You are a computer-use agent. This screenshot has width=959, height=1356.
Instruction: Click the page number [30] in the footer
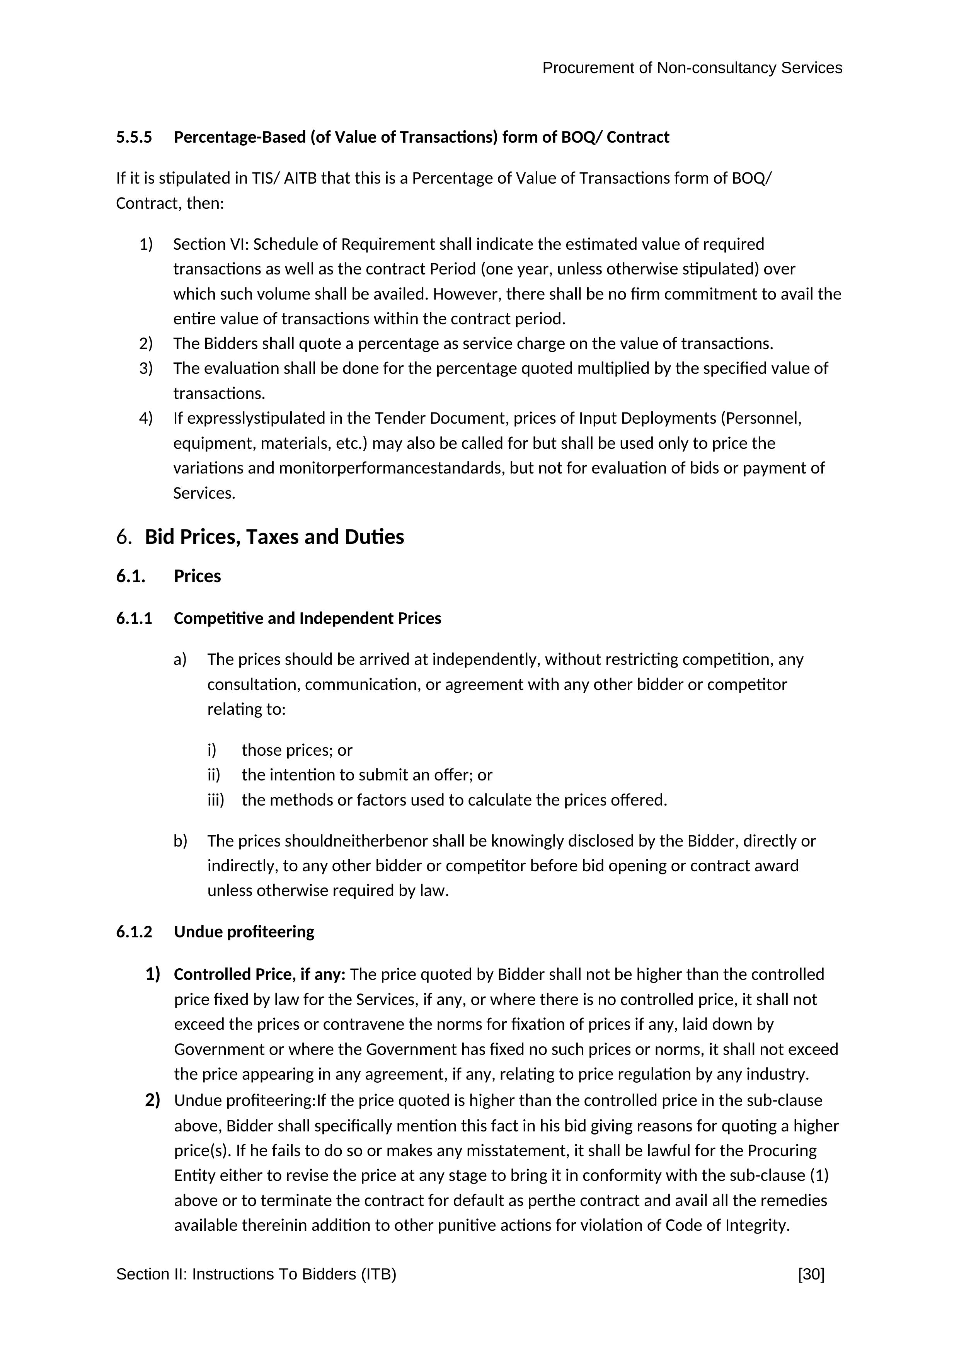tap(811, 1274)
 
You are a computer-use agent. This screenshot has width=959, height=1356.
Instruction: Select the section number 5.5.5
tap(134, 138)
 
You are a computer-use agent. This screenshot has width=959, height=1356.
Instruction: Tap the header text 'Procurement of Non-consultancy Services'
tap(692, 68)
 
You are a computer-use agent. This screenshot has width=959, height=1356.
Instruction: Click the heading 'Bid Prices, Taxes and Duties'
tap(274, 537)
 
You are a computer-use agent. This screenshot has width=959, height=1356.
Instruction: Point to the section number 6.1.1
tap(134, 618)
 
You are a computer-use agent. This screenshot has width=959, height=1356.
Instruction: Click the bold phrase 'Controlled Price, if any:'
tap(259, 974)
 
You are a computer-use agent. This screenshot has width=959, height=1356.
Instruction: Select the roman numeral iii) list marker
tap(216, 800)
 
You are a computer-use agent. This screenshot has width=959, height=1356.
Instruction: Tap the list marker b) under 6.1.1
tap(180, 841)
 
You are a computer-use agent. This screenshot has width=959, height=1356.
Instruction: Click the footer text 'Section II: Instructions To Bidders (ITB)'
tap(256, 1274)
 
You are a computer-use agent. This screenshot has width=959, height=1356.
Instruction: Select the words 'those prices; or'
tap(296, 751)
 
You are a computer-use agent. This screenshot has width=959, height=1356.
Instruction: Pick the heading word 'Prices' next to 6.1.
tap(197, 576)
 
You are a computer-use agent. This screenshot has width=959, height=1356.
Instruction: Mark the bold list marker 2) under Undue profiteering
tap(152, 1100)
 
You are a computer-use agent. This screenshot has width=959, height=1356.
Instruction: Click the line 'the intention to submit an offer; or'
tap(367, 775)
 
